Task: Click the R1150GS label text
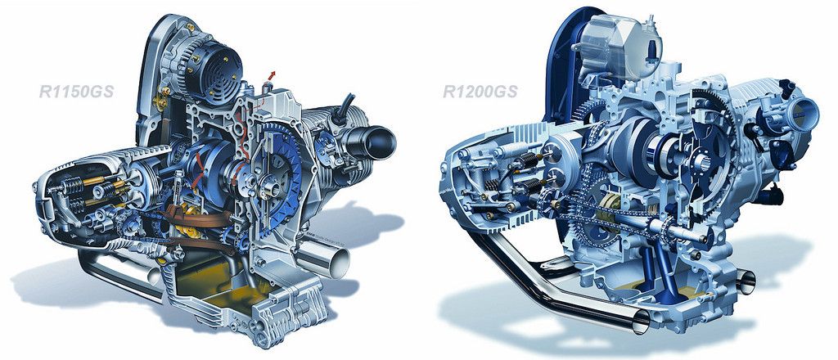pos(76,92)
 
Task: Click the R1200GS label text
pos(480,92)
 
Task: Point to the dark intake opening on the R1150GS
pos(378,143)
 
